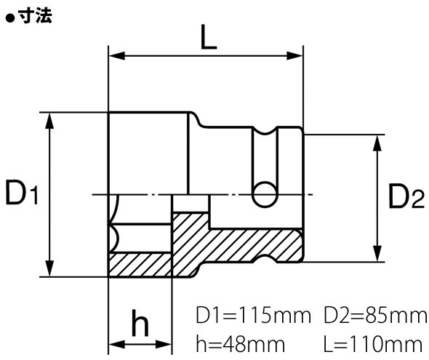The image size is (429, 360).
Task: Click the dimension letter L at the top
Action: click(x=208, y=39)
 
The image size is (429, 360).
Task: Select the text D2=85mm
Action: click(x=374, y=316)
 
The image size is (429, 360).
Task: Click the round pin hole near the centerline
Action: click(x=264, y=193)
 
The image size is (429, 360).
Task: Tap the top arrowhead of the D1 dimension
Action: click(x=50, y=118)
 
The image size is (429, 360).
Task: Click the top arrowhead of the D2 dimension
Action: click(x=377, y=140)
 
